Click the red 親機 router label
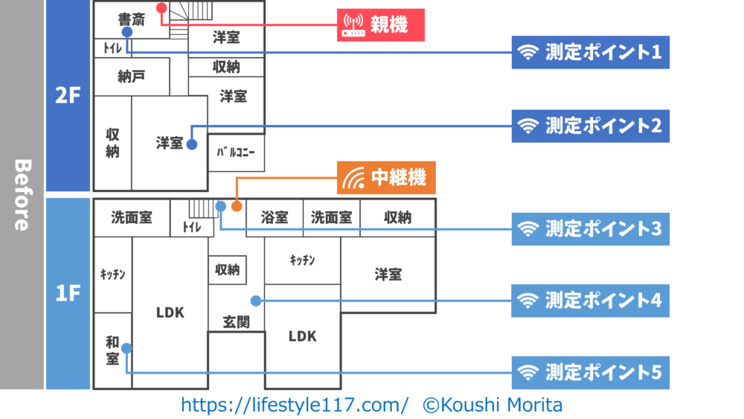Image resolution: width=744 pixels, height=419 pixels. pos(381,25)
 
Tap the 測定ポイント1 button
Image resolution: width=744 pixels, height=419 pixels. pos(590,53)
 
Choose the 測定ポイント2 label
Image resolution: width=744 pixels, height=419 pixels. pos(590,126)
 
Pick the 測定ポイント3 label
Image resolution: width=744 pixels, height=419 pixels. pos(590,228)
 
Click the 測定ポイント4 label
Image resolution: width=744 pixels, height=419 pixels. pos(590,301)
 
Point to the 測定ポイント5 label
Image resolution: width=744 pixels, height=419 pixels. pos(590,371)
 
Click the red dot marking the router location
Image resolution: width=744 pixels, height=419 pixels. pos(161,7)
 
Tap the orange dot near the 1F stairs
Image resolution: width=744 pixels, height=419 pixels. pos(236,206)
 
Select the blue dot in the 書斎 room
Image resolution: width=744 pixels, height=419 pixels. pos(127,33)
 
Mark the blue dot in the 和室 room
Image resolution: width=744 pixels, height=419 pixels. pos(126,348)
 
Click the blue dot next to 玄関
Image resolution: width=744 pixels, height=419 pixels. pos(255,301)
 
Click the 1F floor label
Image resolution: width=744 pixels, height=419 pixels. pos(67,293)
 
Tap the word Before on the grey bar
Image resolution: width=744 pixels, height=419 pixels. pos(22,195)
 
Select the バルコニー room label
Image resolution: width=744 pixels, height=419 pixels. pos(236,153)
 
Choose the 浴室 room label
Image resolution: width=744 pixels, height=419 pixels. pos(275,218)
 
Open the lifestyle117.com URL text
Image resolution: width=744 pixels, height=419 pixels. pos(295,405)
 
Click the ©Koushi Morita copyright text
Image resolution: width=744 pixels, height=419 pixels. pos(493,405)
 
